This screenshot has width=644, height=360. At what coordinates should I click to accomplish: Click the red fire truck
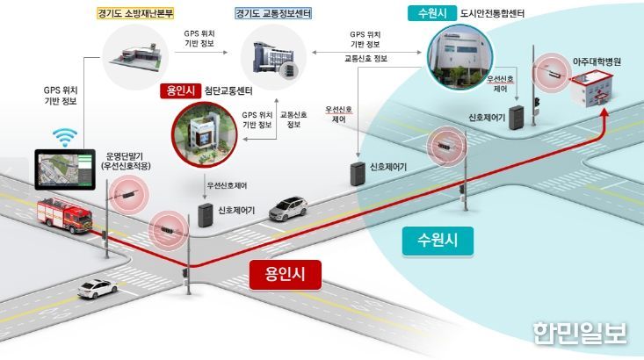[x=64, y=215]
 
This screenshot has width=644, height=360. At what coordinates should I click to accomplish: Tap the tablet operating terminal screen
[x=65, y=169]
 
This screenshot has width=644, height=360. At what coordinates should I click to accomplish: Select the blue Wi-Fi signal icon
[x=64, y=137]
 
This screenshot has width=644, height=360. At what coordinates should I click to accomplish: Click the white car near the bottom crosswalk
[x=98, y=289]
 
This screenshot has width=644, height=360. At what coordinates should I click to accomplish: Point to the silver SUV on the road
[x=288, y=208]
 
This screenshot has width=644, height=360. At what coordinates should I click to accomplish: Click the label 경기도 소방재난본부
[x=135, y=13]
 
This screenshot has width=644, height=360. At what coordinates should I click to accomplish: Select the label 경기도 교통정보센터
[x=273, y=13]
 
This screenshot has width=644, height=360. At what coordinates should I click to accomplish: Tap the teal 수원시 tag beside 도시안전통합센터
[x=432, y=13]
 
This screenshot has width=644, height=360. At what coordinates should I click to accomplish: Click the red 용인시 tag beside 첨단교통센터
[x=180, y=90]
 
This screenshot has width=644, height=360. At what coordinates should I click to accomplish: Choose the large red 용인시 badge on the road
[x=285, y=274]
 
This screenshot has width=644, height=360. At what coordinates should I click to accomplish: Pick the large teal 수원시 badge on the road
[x=438, y=241]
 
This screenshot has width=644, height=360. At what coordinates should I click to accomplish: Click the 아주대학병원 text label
[x=597, y=62]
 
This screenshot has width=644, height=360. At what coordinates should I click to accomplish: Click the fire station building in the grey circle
[x=135, y=56]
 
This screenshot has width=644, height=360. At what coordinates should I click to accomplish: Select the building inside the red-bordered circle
[x=204, y=135]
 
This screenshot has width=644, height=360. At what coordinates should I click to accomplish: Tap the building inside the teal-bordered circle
[x=460, y=57]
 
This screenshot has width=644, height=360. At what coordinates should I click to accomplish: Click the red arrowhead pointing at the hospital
[x=604, y=113]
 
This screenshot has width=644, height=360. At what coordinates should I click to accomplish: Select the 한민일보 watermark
[x=580, y=333]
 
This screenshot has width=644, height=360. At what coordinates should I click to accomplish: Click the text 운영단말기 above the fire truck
[x=125, y=156]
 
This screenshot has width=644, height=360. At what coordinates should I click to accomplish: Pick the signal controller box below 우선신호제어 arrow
[x=206, y=215]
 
